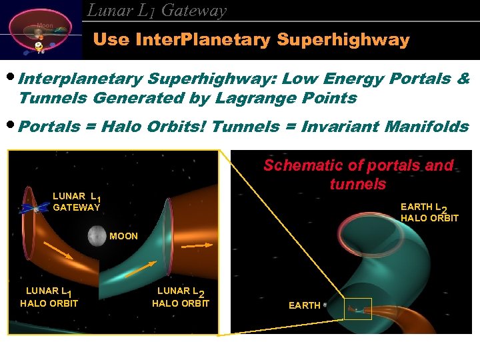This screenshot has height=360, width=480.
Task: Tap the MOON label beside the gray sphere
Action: point(123,236)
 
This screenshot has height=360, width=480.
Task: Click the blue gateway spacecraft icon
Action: point(29,208)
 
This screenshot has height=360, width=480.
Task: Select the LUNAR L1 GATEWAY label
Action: point(76,202)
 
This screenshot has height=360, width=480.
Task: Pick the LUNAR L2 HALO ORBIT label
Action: point(181,297)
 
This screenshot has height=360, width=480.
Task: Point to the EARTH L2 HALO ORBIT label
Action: point(429,213)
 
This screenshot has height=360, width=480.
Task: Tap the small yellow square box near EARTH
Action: point(358,309)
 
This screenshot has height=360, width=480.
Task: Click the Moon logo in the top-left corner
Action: point(41,30)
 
